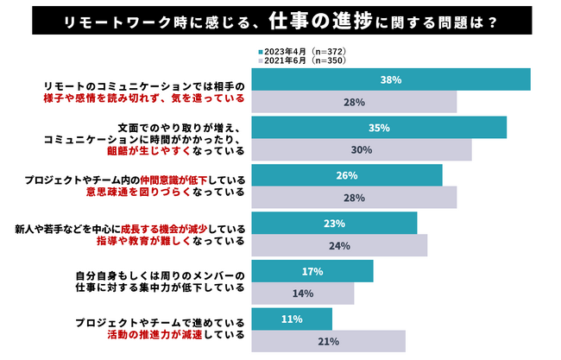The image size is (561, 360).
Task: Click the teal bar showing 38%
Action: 390,79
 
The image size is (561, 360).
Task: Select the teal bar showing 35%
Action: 378,127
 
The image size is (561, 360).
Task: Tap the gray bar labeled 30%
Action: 362,149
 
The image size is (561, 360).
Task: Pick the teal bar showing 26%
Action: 346,174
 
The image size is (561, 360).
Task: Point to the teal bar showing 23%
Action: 334,223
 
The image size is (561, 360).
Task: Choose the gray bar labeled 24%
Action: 339,245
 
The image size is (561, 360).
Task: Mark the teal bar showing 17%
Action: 312,271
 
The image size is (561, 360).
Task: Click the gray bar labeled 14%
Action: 302,294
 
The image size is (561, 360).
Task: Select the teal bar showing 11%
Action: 291,319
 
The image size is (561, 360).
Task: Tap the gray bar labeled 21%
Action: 327,341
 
